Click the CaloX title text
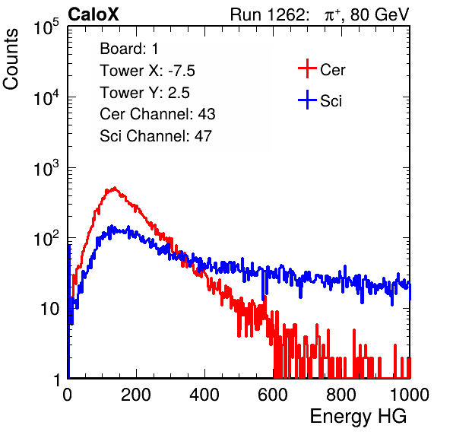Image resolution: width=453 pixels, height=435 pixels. point(93,14)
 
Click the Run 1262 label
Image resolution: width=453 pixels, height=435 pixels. point(268,14)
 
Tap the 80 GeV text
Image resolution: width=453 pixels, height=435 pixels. point(380,14)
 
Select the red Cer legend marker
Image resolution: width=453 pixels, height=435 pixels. point(307,68)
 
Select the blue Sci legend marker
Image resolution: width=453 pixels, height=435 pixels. point(307,100)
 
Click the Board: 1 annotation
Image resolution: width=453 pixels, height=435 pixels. point(129,49)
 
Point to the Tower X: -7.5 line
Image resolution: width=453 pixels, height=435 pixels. point(147,71)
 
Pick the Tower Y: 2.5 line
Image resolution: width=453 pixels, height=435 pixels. point(144,93)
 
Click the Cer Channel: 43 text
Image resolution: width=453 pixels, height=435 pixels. point(157,114)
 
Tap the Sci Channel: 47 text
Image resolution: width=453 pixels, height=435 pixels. point(156,136)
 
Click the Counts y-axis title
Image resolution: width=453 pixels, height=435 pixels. point(11,59)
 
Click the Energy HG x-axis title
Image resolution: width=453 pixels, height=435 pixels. point(358,417)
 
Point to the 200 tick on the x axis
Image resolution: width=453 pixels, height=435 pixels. point(136,395)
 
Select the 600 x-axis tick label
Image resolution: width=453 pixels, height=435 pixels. point(273,395)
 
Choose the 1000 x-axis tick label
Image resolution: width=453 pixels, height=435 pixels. point(410,395)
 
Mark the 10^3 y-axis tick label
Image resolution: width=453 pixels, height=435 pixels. point(46,168)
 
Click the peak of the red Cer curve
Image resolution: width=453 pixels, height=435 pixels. point(115,188)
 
